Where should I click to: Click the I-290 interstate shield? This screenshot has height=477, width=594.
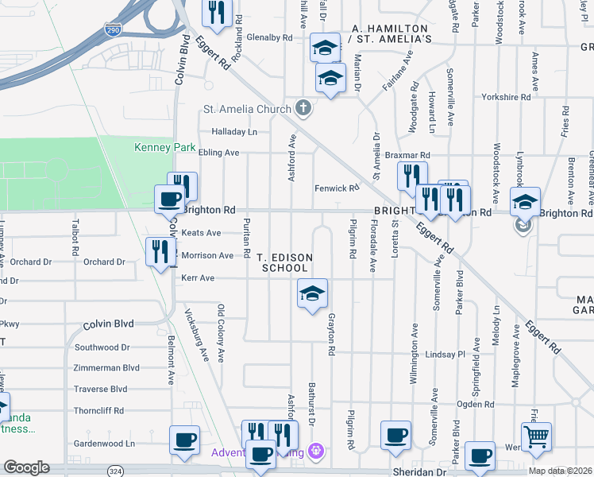(113, 29)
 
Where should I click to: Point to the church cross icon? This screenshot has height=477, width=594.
(303, 107)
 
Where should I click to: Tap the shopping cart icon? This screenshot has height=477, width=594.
(536, 436)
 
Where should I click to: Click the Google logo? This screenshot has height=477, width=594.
(27, 467)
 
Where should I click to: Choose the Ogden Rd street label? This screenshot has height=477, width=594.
(475, 404)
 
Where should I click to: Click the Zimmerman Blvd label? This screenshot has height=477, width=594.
(106, 368)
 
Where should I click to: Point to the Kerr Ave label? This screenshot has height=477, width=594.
(198, 278)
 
